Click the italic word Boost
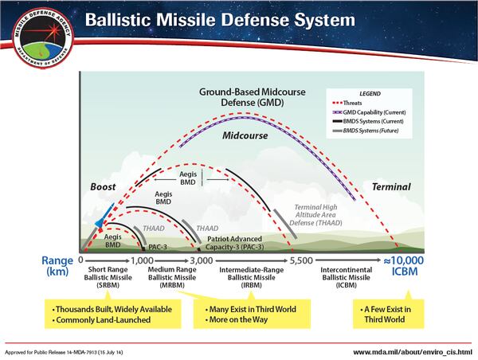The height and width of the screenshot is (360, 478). (x=104, y=187)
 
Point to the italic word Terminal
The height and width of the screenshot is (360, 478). (x=390, y=187)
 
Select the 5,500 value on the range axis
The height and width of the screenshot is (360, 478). (x=300, y=260)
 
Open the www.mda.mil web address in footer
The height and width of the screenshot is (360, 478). (x=412, y=350)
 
